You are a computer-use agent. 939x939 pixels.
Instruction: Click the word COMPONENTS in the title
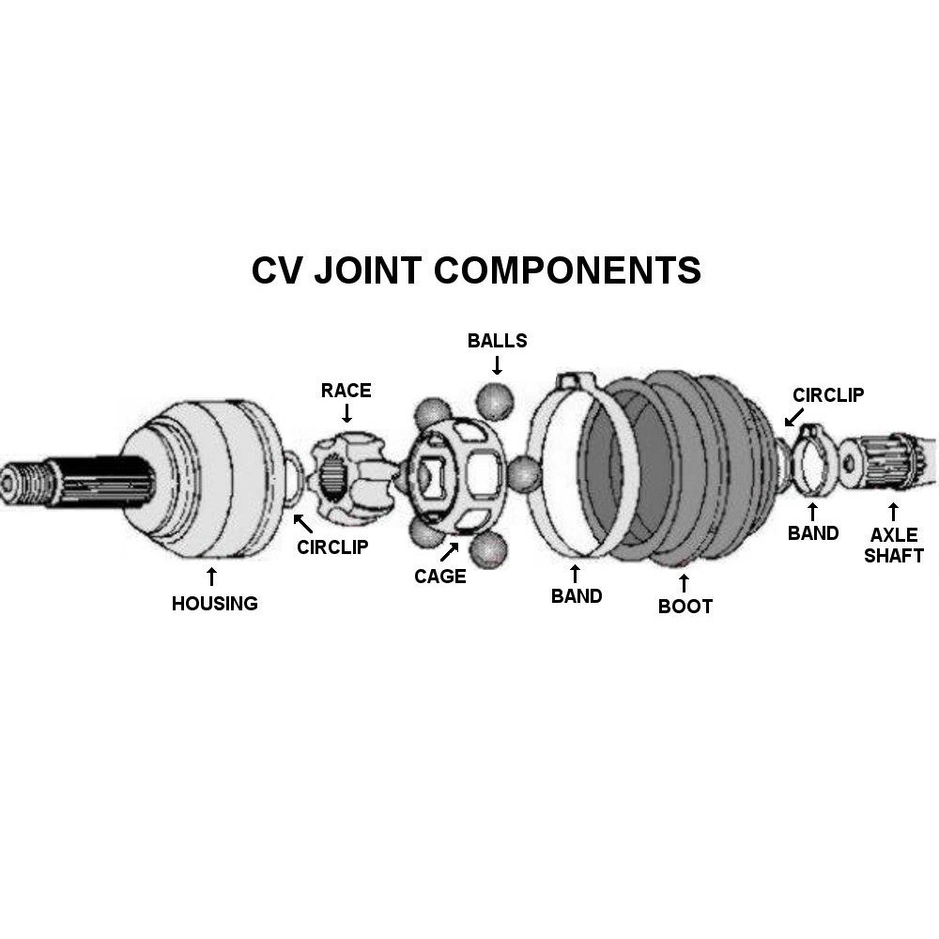pos(567,270)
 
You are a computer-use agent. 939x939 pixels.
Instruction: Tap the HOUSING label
pos(214,604)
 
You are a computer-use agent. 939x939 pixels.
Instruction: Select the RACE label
pos(346,390)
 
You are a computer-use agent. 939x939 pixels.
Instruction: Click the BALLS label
pos(497,340)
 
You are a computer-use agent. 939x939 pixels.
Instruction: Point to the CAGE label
pos(439,576)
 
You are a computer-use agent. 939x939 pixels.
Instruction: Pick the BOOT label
pos(685,606)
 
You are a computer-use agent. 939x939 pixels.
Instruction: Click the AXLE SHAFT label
pos(893,545)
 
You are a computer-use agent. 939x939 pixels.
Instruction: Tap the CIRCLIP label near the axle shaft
pos(828,395)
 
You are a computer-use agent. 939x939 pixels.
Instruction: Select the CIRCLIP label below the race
pos(332,546)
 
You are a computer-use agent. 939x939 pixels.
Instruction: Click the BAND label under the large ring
pos(576,595)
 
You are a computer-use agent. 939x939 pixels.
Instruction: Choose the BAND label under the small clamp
pos(812,533)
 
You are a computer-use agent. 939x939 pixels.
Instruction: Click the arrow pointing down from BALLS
pos(497,364)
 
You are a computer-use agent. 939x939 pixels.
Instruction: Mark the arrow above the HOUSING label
pos(211,576)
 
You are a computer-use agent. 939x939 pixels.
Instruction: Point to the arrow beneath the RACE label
pos(346,413)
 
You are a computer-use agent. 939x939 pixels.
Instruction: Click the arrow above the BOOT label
pos(684,582)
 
